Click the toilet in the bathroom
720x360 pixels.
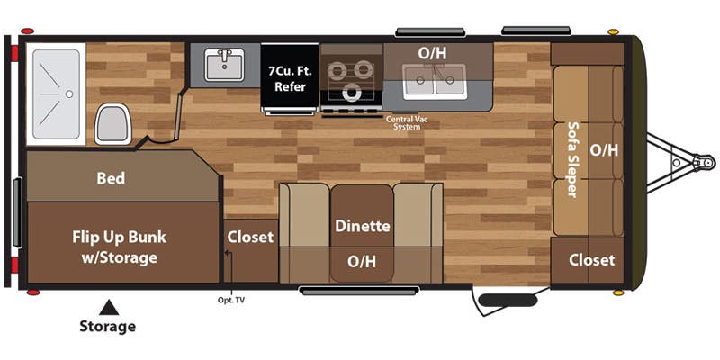pos(112,123)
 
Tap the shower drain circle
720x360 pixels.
pos(69,94)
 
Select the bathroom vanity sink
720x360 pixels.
pos(224,65)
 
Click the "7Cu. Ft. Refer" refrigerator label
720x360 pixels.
pos(290,78)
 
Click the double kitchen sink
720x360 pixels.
pos(435,81)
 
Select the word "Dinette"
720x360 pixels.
pos(363,226)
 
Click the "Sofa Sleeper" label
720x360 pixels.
pos(572,160)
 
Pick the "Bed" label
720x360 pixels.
pos(111,178)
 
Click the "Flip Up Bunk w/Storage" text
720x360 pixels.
pos(120,247)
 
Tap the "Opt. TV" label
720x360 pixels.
pos(232,301)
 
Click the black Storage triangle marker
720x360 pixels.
pos(109,308)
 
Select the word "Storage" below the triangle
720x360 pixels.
pos(107,327)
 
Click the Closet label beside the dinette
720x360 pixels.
pos(251,237)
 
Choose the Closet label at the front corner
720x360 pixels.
pos(591,260)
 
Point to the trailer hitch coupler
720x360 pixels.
pos(704,162)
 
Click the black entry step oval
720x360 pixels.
pos(508,301)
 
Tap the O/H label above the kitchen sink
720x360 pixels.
pos(432,53)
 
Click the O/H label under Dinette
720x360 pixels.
pos(362,262)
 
